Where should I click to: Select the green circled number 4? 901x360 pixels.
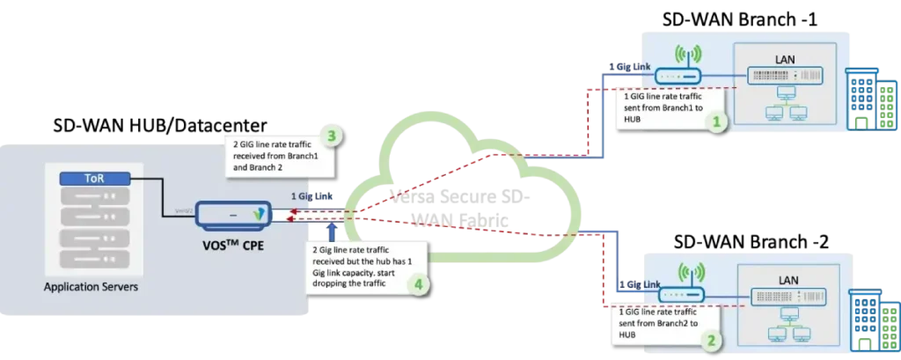coord(420,284)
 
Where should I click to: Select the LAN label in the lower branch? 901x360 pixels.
coord(786,279)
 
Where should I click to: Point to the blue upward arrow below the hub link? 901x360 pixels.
coord(331,231)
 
